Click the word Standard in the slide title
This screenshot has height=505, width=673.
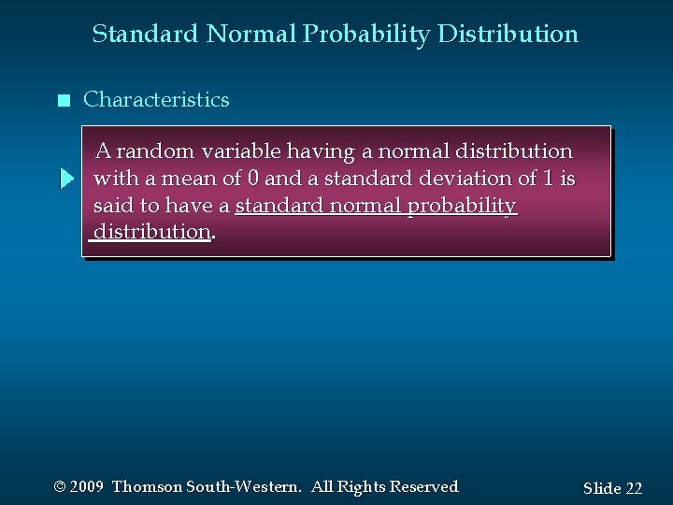coord(145,35)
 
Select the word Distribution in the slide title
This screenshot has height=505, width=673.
coord(519,35)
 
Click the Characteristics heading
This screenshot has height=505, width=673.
coord(156,100)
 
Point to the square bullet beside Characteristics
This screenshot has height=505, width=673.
coord(63,101)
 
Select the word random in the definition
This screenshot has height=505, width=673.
coord(157,151)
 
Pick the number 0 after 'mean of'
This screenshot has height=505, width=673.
coord(252,178)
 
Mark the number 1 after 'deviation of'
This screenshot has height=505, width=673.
coord(549,178)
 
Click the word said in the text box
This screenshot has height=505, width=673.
coord(113,205)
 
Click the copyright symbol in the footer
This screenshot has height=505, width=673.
coord(61,487)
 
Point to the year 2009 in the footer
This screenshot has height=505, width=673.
coord(87,487)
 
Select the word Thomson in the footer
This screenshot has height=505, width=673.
coord(146,487)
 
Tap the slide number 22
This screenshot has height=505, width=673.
coord(633,488)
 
